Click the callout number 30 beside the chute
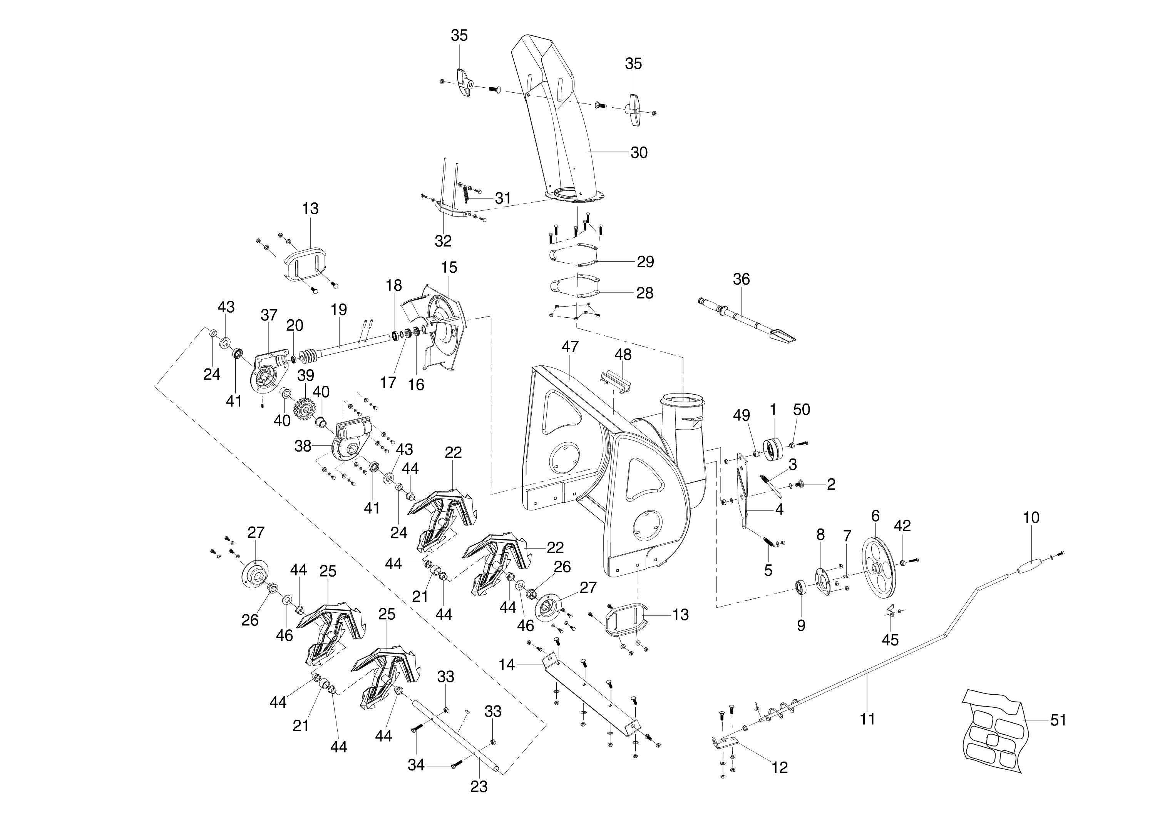pyautogui.click(x=639, y=152)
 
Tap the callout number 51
pyautogui.click(x=1058, y=720)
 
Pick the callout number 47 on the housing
pyautogui.click(x=571, y=346)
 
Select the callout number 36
pyautogui.click(x=741, y=279)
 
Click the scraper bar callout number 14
pyautogui.click(x=507, y=665)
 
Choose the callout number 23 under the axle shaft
pyautogui.click(x=479, y=786)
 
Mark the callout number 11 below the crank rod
pyautogui.click(x=867, y=719)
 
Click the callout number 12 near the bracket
pyautogui.click(x=779, y=767)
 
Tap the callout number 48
pyautogui.click(x=623, y=354)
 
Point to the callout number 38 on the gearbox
pyautogui.click(x=303, y=446)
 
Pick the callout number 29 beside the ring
pyautogui.click(x=645, y=262)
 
